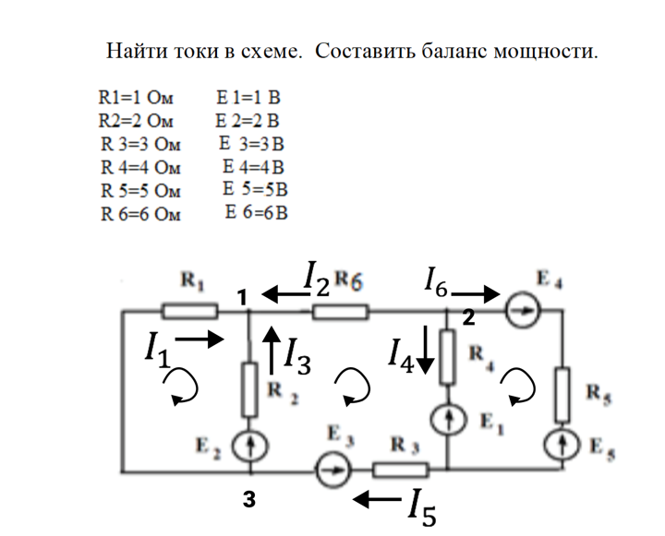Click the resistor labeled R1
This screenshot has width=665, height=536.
coord(189,312)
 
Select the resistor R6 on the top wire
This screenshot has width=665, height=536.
coord(341,313)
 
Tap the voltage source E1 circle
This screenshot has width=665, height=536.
coord(448,420)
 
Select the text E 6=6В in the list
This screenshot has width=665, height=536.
coord(257,213)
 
